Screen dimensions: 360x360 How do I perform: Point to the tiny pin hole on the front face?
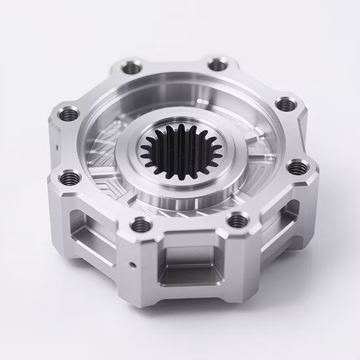[x=133, y=264]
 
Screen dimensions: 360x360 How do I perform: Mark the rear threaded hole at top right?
[x=215, y=64]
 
